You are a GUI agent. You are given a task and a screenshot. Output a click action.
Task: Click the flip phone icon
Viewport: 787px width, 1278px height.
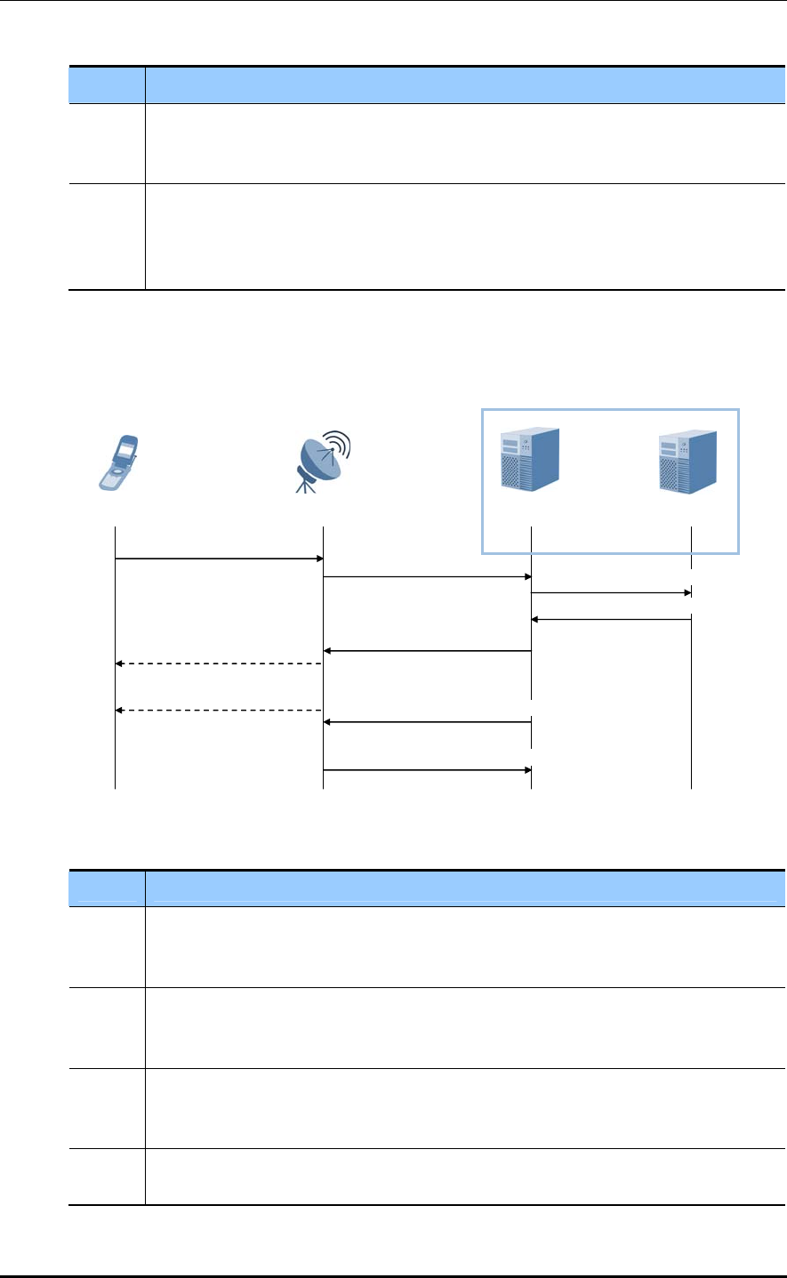click(118, 462)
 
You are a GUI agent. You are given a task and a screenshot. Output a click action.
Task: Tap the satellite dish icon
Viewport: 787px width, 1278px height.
click(322, 461)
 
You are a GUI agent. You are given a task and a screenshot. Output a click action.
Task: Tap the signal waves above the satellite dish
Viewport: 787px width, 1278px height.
click(338, 444)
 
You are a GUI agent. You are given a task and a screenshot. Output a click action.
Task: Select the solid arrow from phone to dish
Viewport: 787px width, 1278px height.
click(218, 559)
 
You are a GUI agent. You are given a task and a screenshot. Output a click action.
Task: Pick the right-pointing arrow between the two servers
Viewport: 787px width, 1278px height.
click(611, 591)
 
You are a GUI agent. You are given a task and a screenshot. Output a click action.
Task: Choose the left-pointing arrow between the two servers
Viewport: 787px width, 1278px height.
click(611, 619)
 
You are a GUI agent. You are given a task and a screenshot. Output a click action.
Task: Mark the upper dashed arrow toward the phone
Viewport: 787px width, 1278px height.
click(218, 663)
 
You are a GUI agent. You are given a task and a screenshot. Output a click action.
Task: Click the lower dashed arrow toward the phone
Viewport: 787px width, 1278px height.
click(218, 710)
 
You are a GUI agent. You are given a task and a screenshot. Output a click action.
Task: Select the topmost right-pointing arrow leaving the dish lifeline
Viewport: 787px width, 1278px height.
click(427, 577)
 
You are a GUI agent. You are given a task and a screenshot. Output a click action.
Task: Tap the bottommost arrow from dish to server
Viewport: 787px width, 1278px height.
click(427, 769)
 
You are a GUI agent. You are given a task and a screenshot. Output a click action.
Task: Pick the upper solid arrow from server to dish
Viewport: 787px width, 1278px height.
click(427, 651)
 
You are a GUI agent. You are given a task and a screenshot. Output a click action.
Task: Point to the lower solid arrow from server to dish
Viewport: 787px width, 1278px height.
click(427, 722)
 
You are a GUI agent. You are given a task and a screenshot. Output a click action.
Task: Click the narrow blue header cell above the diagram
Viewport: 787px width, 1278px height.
click(108, 84)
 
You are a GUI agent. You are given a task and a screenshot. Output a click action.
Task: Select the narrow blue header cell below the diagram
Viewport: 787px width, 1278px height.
click(108, 888)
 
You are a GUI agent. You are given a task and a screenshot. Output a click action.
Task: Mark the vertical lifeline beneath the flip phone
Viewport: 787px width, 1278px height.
click(116, 676)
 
